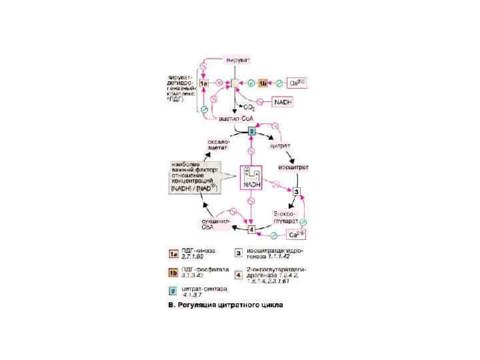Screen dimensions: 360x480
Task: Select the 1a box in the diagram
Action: point(204,83)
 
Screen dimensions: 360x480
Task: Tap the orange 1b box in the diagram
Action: point(263,83)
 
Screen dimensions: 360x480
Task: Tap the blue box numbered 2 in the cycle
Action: point(251,131)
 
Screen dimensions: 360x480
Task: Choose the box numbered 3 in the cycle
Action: point(297,192)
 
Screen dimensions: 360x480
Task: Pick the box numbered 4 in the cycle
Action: point(251,230)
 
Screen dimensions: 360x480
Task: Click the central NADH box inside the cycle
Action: point(251,178)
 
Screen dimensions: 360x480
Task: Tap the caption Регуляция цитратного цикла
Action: point(224,307)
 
